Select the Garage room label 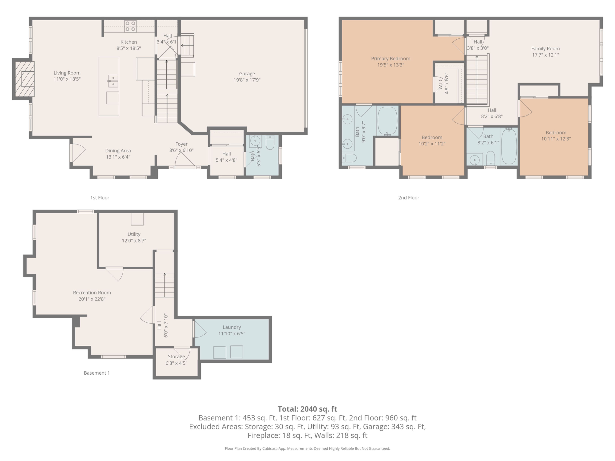click(247, 74)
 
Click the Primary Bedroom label click(391, 59)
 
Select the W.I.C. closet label click(441, 83)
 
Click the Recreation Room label click(92, 293)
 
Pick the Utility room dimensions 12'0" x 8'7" click(134, 241)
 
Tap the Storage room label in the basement click(176, 356)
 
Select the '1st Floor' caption click(100, 198)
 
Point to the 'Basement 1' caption click(97, 373)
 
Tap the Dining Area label click(118, 151)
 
